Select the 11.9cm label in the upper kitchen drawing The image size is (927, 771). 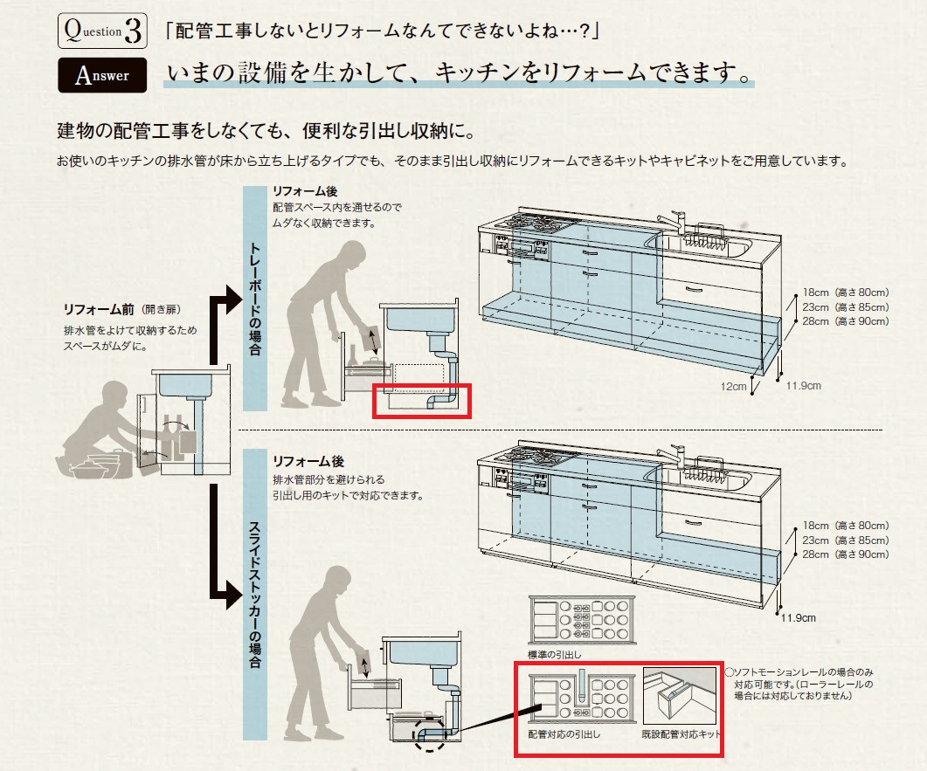coord(803,385)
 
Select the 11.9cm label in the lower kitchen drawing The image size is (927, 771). coord(798,618)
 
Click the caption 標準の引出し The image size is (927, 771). coord(555,653)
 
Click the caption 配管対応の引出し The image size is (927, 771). coord(564,735)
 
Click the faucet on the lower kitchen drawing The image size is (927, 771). coord(673,454)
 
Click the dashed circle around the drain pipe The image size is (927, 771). coord(430,734)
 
